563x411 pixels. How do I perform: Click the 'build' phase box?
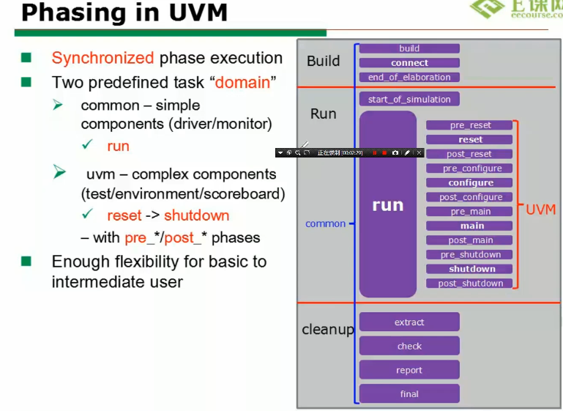point(409,48)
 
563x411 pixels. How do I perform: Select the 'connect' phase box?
point(409,63)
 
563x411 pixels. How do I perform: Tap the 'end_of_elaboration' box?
point(409,77)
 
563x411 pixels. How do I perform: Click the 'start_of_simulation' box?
point(409,99)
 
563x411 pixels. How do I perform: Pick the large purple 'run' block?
point(387,205)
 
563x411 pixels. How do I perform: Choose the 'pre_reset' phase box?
point(470,125)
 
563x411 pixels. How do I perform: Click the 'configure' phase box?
point(470,182)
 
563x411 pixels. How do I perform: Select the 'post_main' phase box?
point(470,240)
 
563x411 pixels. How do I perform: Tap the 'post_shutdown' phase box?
point(470,284)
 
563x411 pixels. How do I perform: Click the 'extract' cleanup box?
point(409,322)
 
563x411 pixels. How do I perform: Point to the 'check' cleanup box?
point(409,347)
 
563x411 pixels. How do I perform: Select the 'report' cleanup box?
point(409,370)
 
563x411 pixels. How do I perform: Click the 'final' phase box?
point(409,393)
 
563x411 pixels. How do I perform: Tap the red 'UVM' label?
point(541,210)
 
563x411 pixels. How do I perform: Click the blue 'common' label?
point(325,223)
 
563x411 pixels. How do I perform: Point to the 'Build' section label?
point(323,61)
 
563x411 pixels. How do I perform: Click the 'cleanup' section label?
point(328,330)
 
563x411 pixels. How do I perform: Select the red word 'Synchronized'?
point(102,59)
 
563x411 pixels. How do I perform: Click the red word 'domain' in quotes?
point(242,83)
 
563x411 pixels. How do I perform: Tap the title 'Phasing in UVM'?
point(124,12)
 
